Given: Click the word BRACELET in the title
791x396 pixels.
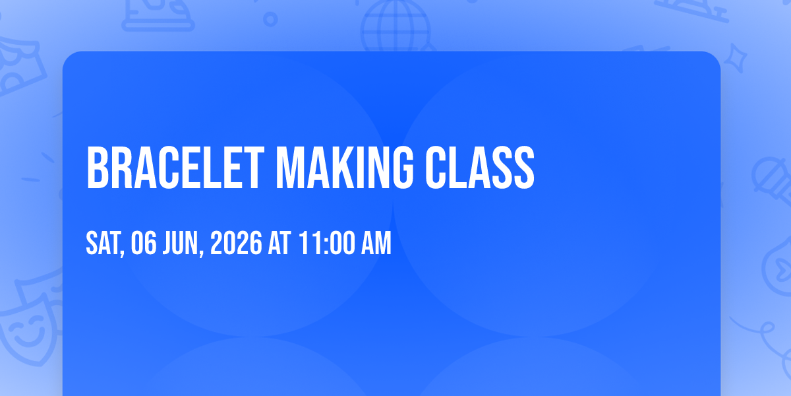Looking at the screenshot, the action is pyautogui.click(x=175, y=168).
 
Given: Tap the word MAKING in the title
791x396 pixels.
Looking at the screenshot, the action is pyautogui.click(x=344, y=168).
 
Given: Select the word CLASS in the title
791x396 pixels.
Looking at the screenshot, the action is pyautogui.click(x=480, y=168).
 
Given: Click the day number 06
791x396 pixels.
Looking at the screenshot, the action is pyautogui.click(x=144, y=243).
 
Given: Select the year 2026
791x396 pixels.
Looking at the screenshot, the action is pyautogui.click(x=236, y=243).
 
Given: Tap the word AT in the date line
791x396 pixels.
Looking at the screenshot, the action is pyautogui.click(x=279, y=243).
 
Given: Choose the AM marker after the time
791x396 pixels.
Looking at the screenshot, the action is pyautogui.click(x=376, y=243).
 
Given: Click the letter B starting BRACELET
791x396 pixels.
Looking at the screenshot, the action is pyautogui.click(x=98, y=168).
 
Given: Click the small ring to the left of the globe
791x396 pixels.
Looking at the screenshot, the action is pyautogui.click(x=270, y=19).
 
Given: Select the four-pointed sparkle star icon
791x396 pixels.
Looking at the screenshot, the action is pyautogui.click(x=735, y=58).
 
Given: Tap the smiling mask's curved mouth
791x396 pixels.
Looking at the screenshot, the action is pyautogui.click(x=28, y=339).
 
